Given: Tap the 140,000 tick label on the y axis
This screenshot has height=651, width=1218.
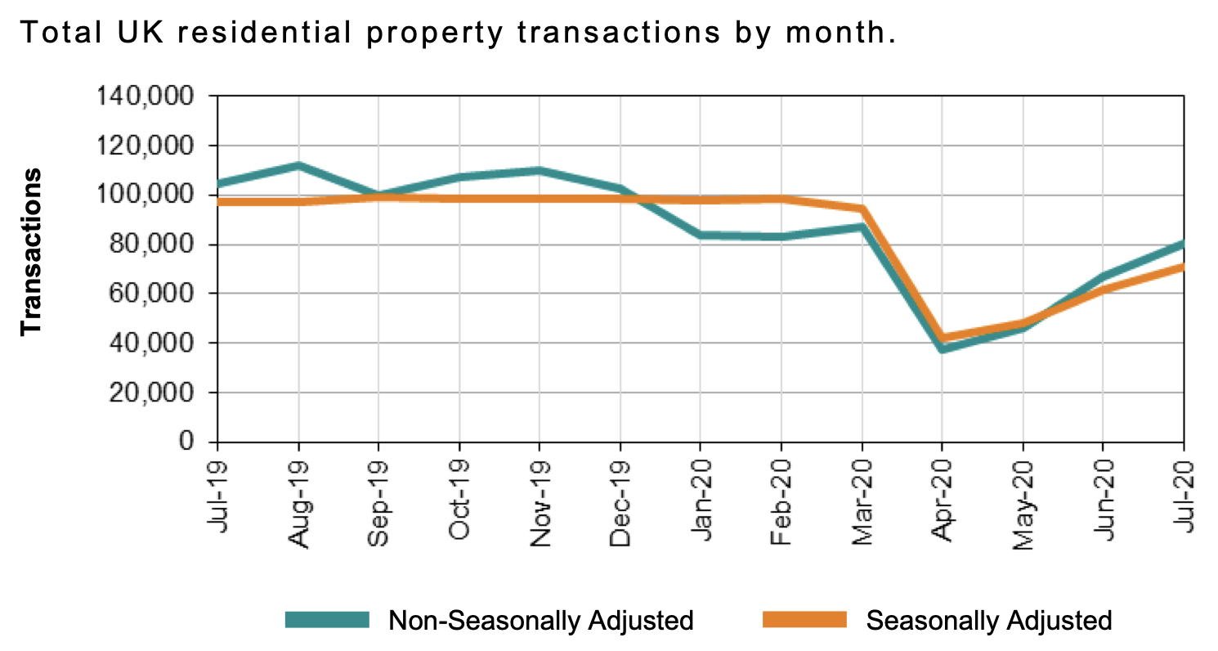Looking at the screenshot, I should point(146,97).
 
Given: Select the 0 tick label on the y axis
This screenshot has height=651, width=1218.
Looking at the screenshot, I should point(186,442).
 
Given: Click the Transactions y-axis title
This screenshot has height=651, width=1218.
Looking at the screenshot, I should point(31,251).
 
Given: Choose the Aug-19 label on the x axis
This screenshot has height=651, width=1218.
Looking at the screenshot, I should point(299,496).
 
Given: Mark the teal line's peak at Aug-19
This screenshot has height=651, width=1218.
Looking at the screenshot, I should point(298,166).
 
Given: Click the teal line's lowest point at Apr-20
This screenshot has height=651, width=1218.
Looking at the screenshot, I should point(943,349).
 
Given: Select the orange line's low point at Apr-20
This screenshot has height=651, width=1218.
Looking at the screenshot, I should point(943,337).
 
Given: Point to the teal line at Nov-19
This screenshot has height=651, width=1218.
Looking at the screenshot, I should point(540,171).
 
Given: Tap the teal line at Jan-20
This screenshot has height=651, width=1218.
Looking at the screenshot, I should point(701,236).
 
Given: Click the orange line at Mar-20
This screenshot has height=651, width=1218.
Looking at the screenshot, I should point(862,209).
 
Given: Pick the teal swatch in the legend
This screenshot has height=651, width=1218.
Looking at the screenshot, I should point(327,619).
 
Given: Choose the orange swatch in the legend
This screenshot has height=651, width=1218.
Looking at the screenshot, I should point(804,619).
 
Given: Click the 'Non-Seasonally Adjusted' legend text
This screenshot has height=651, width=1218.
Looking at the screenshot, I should point(541,620).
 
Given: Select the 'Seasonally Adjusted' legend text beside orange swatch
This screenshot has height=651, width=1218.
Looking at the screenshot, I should point(989,620).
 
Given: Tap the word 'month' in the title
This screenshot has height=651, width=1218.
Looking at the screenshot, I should point(833,34).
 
